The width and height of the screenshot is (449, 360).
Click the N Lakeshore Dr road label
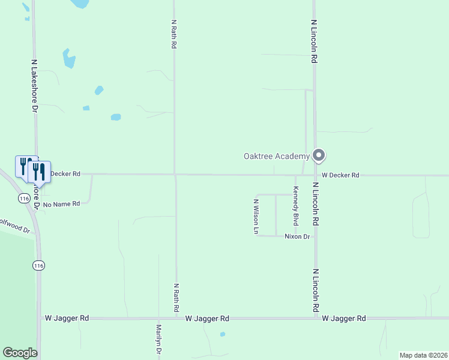pyautogui.click(x=35, y=86)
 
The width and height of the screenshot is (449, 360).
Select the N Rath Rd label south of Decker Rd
pyautogui.click(x=176, y=298)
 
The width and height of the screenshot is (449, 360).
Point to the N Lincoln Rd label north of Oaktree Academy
pyautogui.click(x=314, y=41)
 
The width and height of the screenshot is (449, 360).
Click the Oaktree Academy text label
pyautogui.click(x=276, y=157)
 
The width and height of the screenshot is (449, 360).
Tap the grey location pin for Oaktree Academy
pyautogui.click(x=319, y=155)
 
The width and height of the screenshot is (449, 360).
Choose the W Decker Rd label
pyautogui.click(x=340, y=175)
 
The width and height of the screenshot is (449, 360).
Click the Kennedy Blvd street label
pyautogui.click(x=295, y=206)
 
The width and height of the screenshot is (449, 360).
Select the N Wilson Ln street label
pyautogui.click(x=256, y=216)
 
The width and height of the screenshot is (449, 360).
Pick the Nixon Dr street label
pyautogui.click(x=297, y=236)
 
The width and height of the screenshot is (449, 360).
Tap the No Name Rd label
pyautogui.click(x=62, y=204)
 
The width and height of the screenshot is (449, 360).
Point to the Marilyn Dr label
pyautogui.click(x=158, y=340)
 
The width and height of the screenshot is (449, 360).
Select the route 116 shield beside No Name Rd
pyautogui.click(x=24, y=197)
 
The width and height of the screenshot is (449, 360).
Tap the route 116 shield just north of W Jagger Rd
pyautogui.click(x=38, y=265)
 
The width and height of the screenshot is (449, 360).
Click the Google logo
pyautogui.click(x=20, y=352)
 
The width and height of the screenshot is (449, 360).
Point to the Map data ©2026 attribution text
pyautogui.click(x=423, y=355)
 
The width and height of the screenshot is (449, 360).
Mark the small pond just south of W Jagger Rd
pyautogui.click(x=222, y=334)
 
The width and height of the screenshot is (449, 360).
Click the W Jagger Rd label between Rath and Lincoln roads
pyautogui.click(x=207, y=318)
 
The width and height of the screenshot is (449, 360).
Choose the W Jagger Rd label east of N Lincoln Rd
pyautogui.click(x=343, y=318)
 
